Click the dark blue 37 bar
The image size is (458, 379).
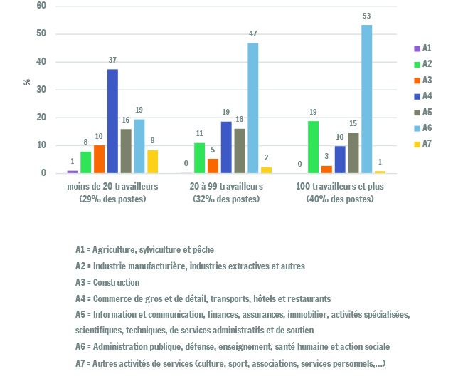[x=113, y=121]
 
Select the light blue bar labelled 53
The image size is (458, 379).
[x=366, y=99]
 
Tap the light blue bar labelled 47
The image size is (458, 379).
[x=253, y=108]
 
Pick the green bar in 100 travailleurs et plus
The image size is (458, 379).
[x=313, y=147]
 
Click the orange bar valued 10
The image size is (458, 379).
[x=99, y=159]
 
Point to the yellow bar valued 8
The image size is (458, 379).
[x=152, y=162]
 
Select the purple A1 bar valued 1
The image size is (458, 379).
[x=73, y=172]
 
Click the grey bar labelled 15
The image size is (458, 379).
[x=353, y=153]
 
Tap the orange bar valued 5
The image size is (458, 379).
[x=213, y=166]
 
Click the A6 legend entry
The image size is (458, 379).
[x=423, y=128]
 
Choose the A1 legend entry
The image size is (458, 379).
[x=422, y=48]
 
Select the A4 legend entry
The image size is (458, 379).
[x=423, y=96]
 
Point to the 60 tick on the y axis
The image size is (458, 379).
[x=41, y=6]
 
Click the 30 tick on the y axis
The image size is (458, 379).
[x=41, y=90]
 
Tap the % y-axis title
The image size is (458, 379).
[x=27, y=82]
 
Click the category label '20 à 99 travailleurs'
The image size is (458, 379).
[x=226, y=187]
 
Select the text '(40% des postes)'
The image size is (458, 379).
[x=340, y=199]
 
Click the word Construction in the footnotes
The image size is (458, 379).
[x=116, y=282]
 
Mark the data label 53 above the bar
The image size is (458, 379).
[x=366, y=16]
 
